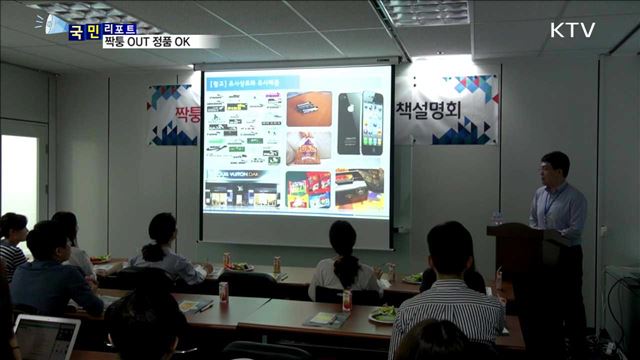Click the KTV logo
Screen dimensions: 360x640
click(572, 30)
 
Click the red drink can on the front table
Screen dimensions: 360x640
click(223, 292)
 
